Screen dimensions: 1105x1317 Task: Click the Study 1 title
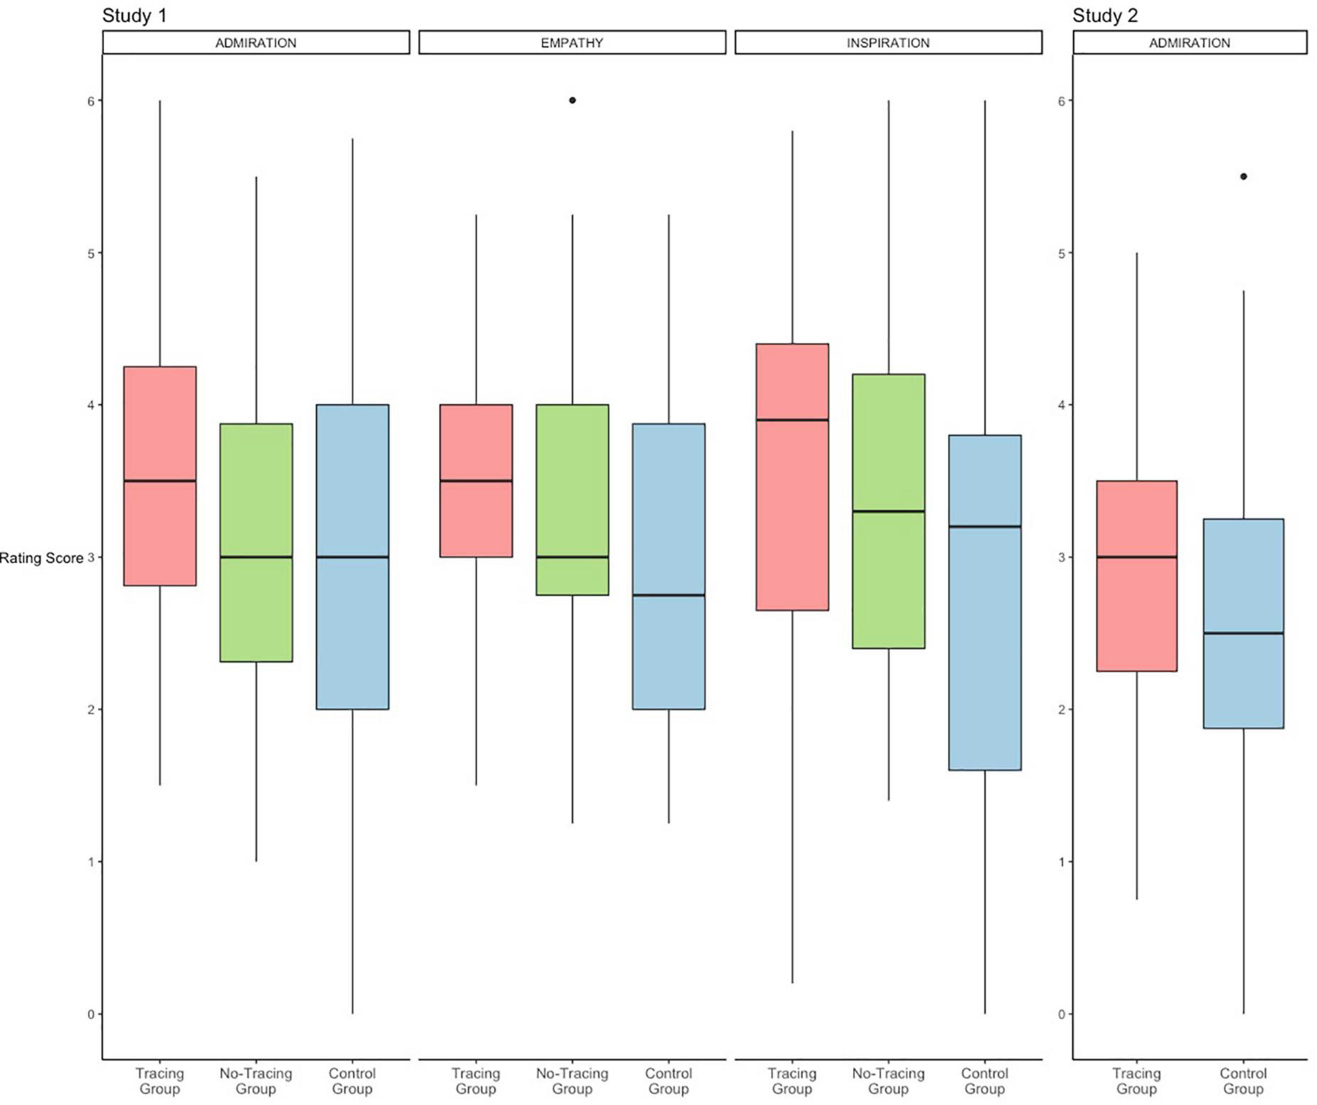pos(134,16)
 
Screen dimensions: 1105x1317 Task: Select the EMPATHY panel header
pos(572,43)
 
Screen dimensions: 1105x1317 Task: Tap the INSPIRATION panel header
pos(888,43)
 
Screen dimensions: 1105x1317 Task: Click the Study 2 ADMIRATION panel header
pos(1189,43)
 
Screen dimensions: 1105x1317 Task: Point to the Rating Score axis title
pos(42,558)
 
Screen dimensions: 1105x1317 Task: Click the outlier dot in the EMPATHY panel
pos(572,101)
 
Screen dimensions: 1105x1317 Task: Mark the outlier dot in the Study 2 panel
pos(1243,176)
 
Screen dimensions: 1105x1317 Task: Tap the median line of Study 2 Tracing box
pos(1136,557)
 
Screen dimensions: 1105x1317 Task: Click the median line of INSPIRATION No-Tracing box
pos(888,511)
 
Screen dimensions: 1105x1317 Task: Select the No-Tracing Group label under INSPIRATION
pos(888,1081)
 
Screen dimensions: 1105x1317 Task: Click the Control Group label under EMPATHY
pos(668,1081)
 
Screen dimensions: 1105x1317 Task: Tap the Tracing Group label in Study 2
pos(1136,1081)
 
